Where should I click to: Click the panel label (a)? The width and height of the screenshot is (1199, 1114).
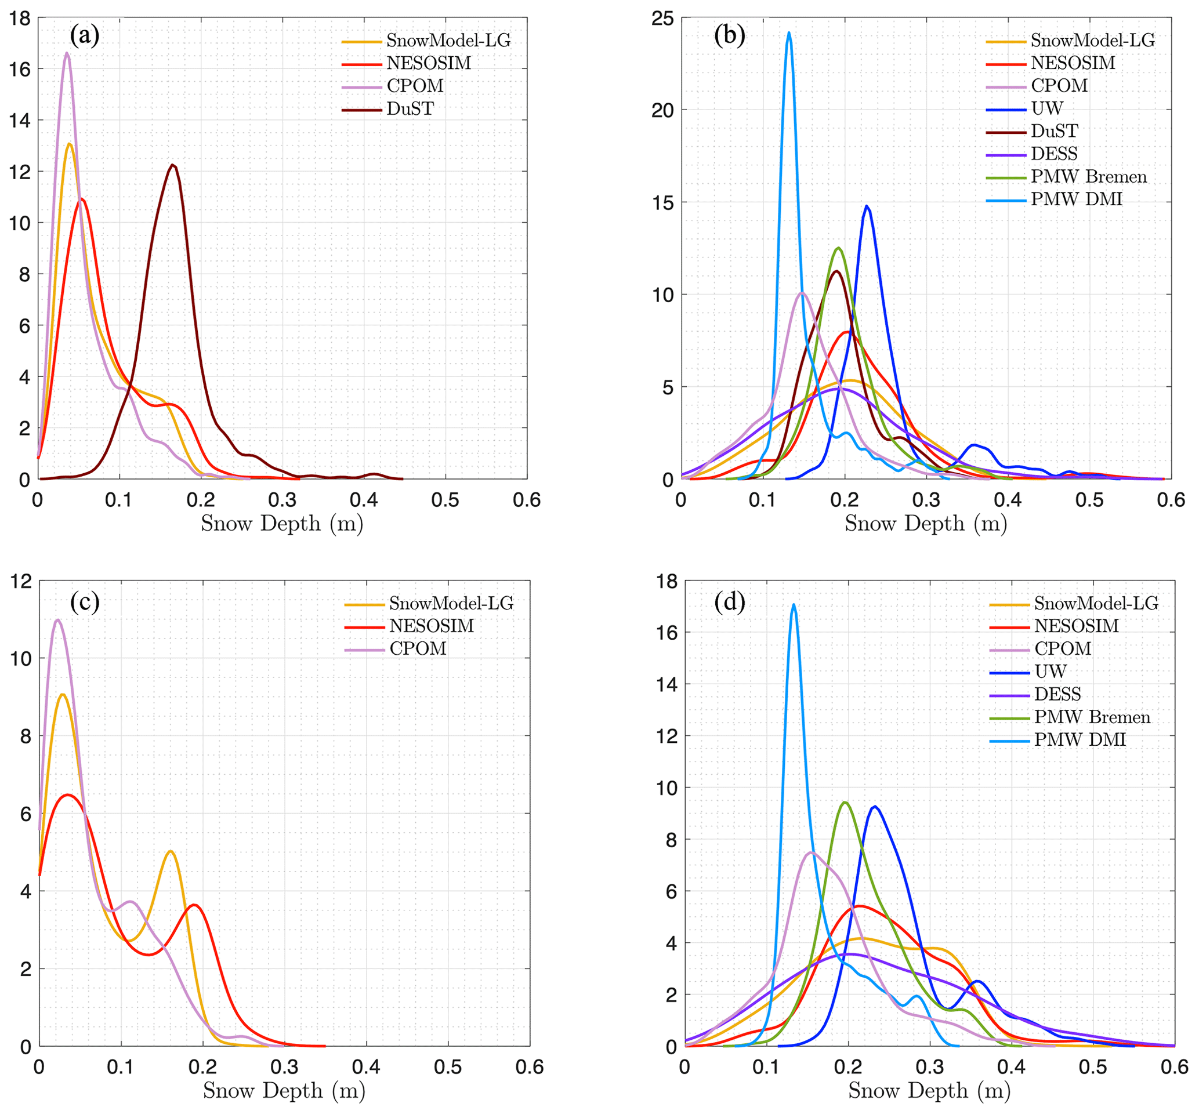85,35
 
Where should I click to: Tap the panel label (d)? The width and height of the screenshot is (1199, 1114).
729,601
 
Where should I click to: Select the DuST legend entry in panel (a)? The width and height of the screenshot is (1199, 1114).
410,109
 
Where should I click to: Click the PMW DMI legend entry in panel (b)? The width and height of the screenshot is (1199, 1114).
1076,199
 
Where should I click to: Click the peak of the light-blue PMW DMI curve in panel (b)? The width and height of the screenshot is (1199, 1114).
788,33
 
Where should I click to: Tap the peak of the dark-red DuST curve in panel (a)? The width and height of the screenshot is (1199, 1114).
173,165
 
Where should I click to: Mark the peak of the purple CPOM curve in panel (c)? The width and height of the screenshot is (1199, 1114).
58,620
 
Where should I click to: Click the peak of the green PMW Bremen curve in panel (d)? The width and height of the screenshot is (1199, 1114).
845,802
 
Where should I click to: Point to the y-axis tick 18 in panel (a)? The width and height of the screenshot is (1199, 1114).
20,19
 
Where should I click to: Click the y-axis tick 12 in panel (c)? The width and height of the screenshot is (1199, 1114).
20,581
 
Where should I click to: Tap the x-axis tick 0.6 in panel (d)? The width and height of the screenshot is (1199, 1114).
1174,1067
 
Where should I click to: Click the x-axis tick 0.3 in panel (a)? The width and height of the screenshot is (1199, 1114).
282,500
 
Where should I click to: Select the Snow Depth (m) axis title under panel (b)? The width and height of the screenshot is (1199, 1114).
926,523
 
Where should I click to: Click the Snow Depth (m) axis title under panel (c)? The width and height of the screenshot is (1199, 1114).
284,1090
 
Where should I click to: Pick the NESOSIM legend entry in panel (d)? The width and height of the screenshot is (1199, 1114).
1076,626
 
